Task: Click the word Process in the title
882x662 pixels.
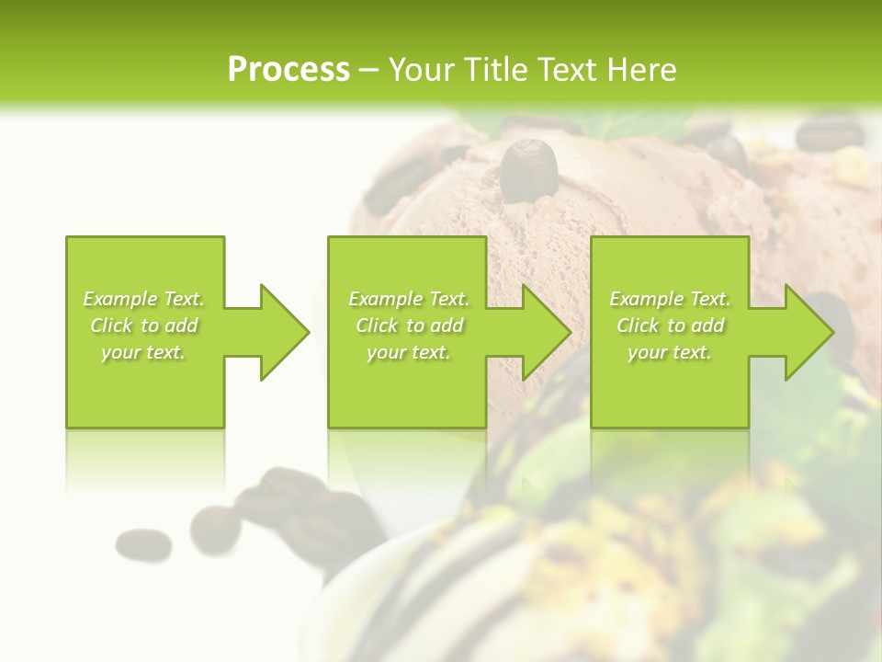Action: click(288, 70)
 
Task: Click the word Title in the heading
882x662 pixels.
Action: click(493, 70)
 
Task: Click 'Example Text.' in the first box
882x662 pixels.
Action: click(143, 299)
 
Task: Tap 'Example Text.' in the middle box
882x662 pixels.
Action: click(409, 299)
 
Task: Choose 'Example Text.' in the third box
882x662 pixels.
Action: click(670, 299)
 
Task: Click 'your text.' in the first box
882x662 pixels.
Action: click(143, 352)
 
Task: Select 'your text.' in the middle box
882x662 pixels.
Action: click(409, 352)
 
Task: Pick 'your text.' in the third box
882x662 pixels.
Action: click(670, 352)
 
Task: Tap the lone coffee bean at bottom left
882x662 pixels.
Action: click(143, 544)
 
